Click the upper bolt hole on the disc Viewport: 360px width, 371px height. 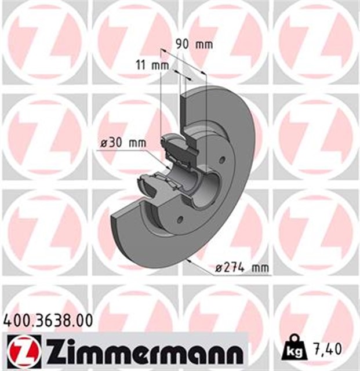(221, 162)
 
